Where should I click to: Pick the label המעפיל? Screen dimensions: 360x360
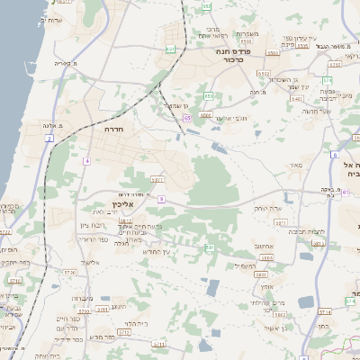tap(244, 265)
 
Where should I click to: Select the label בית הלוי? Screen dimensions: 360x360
tap(136, 323)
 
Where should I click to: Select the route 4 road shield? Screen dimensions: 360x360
tap(87, 160)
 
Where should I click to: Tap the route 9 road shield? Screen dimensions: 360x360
tap(161, 197)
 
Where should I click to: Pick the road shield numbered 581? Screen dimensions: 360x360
tap(209, 247)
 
